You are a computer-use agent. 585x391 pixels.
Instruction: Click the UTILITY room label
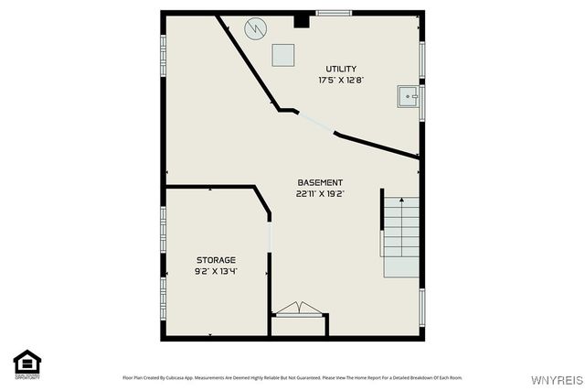coord(341,69)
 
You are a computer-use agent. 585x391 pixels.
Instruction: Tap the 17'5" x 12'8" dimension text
coord(341,81)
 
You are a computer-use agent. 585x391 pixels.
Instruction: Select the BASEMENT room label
coord(320,182)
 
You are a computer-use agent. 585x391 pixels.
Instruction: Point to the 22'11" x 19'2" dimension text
coord(320,194)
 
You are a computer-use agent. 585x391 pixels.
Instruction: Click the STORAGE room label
coord(216,260)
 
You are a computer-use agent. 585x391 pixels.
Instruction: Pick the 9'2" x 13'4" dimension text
coord(216,272)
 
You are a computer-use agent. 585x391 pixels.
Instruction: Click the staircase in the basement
coord(401,237)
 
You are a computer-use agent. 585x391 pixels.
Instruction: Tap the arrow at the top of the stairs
coord(401,201)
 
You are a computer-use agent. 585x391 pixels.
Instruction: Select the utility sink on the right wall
coord(409,94)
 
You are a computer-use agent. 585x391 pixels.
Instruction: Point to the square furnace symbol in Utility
coord(283,55)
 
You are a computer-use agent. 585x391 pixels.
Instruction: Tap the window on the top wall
coord(334,13)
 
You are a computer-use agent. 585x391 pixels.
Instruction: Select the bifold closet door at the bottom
coord(299,310)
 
